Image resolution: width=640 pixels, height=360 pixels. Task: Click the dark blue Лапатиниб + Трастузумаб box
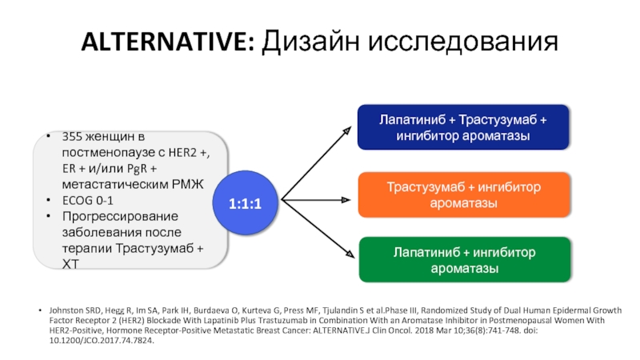[463, 127]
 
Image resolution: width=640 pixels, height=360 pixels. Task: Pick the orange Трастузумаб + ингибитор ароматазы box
[463, 195]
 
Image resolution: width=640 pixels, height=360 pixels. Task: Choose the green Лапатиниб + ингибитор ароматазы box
[463, 260]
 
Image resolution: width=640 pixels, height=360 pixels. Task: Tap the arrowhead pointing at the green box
[350, 254]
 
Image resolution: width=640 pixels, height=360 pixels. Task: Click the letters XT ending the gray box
[70, 263]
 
